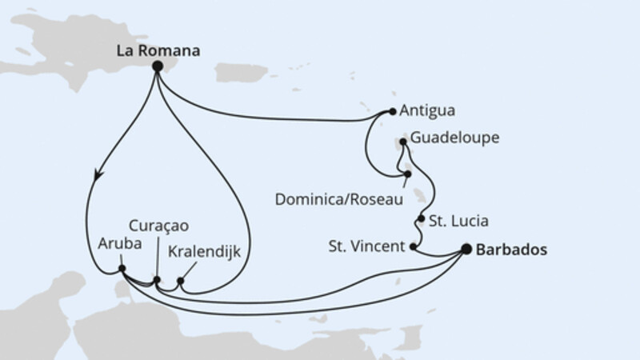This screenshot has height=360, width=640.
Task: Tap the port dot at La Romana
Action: (x=158, y=67)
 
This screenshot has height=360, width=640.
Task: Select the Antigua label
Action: (x=430, y=112)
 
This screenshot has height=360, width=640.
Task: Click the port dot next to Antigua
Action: (x=392, y=112)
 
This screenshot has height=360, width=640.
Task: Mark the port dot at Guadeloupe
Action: (x=402, y=142)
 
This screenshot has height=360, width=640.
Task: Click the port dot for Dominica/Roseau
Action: (x=407, y=174)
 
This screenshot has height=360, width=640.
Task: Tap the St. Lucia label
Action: (x=458, y=219)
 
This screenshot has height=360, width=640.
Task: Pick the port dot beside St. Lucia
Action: (x=421, y=219)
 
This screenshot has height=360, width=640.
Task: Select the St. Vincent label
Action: (x=366, y=246)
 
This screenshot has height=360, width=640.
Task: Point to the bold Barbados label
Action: (x=511, y=250)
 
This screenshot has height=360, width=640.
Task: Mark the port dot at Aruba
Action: (x=121, y=268)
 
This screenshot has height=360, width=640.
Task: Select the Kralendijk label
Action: (x=205, y=252)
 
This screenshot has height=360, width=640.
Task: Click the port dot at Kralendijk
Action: (x=181, y=282)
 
